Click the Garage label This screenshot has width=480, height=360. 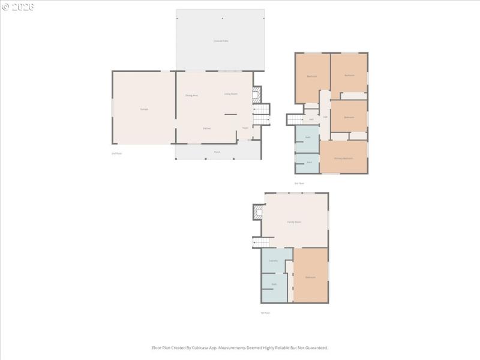tap(144, 109)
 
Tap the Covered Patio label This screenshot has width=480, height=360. tap(221, 41)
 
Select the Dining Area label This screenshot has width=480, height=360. tap(191, 95)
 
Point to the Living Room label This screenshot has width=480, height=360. tap(231, 94)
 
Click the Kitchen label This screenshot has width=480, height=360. tap(206, 128)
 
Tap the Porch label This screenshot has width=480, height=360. tap(217, 152)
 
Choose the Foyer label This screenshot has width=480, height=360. tap(245, 128)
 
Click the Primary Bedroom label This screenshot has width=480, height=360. tap(343, 158)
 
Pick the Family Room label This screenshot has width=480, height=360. tap(294, 222)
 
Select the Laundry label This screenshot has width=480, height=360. tap(273, 260)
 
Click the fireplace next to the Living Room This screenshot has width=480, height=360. tap(256, 94)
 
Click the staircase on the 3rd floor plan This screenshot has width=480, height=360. tap(295, 119)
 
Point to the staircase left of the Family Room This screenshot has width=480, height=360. tap(262, 242)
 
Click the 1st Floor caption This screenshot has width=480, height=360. tap(265, 313)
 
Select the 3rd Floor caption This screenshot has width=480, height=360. tap(299, 183)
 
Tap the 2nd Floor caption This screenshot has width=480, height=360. tap(116, 154)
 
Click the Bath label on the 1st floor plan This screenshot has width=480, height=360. tap(274, 284)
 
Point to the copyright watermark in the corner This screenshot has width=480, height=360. tap(18, 7)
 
